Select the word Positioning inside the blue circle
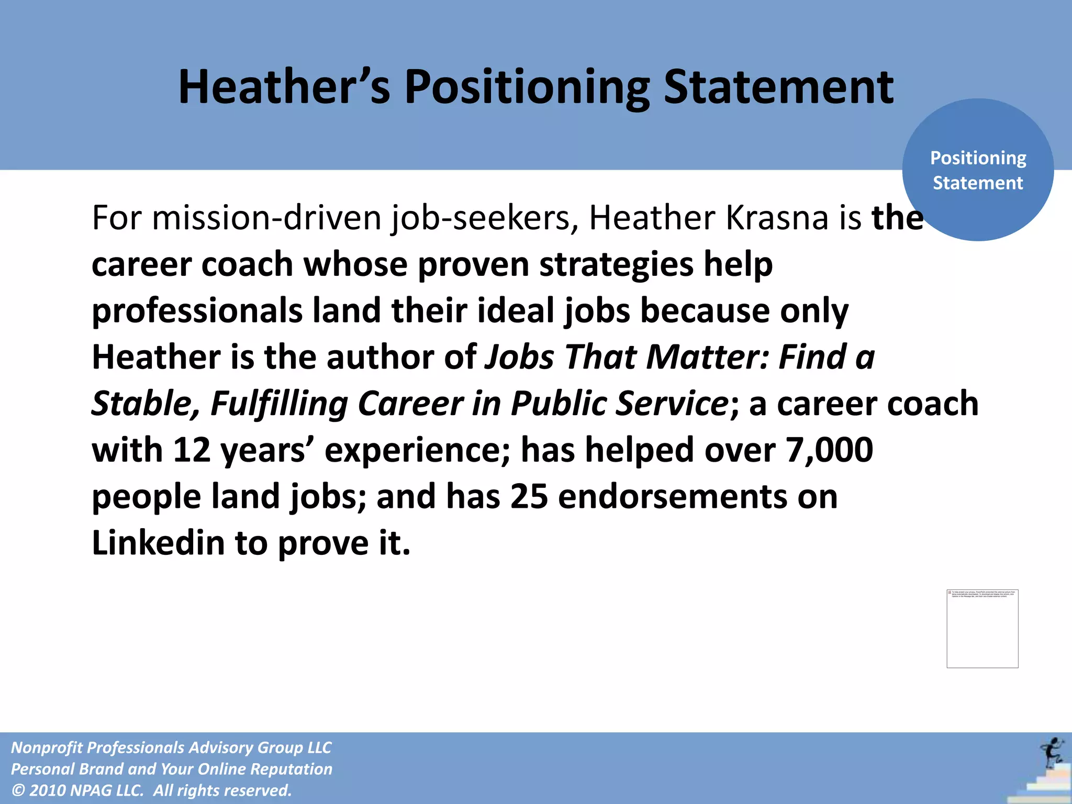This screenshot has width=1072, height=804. tap(978, 158)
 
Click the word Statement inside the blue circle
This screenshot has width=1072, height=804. tap(978, 183)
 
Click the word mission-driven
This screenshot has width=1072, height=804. tap(266, 218)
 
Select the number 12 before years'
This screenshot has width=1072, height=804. tap(192, 450)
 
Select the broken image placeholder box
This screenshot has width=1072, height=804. tap(982, 629)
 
